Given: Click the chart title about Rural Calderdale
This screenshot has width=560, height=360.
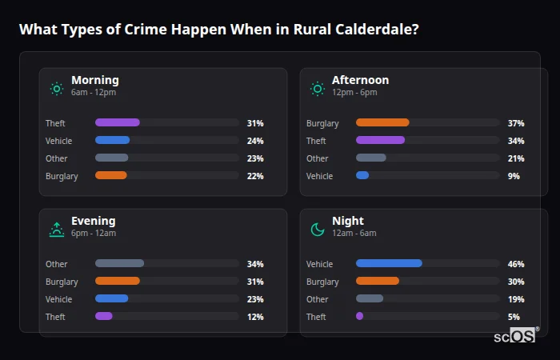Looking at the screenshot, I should coord(218,30).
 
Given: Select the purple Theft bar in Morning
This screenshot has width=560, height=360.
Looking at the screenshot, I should coord(118,123).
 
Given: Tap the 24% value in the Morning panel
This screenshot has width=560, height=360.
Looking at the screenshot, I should coord(255,141).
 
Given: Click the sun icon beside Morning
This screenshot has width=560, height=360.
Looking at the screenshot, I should coord(56,88).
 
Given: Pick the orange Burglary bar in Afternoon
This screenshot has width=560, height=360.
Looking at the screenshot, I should coord(382,123).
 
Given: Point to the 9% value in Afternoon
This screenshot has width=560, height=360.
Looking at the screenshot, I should coord(514,176).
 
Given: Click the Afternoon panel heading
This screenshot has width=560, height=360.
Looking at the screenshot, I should coord(360,80).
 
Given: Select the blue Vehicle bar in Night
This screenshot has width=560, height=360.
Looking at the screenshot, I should coord(389,264).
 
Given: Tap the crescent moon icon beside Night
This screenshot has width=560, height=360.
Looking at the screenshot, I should coord(318,230).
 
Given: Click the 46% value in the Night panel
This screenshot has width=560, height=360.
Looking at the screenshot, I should coord(516,264).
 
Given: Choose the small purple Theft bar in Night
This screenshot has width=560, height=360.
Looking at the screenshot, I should coord(359,317).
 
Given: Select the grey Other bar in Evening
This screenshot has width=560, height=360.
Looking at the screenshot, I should coord(119,264).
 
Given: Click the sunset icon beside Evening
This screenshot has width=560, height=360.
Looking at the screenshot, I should coord(56,230).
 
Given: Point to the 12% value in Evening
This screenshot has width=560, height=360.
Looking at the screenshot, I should coord(255,317).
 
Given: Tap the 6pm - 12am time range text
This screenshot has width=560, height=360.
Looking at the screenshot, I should coord(94,234).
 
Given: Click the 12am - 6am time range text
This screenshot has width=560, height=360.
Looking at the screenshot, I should coord(354,234).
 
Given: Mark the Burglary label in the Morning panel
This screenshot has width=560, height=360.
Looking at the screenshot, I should coord(62,176).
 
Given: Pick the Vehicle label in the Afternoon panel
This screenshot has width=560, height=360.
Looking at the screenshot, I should coord(319,176).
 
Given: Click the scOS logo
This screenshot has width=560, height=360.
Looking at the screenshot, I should coord(516,335).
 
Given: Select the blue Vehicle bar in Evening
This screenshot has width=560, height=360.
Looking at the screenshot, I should coord(111,299).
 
